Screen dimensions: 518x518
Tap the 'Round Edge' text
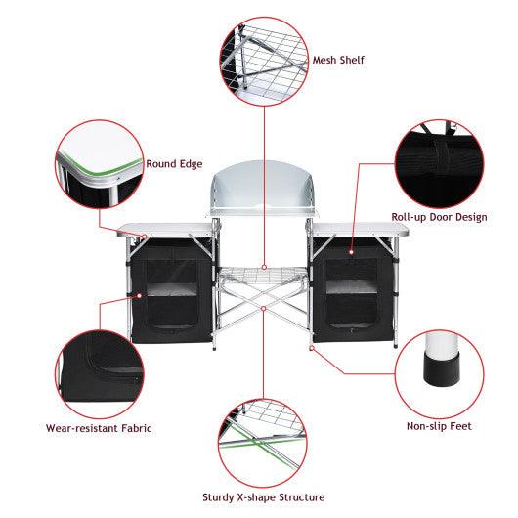tap(174, 165)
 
